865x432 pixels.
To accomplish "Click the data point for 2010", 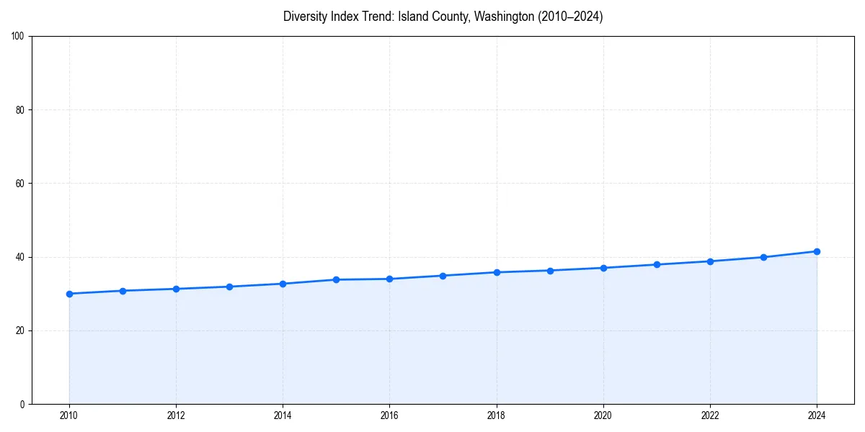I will coord(69,294).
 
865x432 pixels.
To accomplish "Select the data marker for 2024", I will coord(817,251).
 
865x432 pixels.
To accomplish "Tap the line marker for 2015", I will coord(336,279).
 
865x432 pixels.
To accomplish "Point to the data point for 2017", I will coord(443,276).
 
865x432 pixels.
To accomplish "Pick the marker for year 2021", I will coord(657,264).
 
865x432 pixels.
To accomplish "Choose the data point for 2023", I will coord(763,257).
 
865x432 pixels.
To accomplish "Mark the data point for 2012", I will coord(176,289).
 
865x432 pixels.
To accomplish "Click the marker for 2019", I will coord(550,271).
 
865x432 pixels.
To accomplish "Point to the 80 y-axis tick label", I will coord(20,110).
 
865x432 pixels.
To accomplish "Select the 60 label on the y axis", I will coord(20,184).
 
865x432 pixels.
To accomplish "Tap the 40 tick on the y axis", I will coord(20,257).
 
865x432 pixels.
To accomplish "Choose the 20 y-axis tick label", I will coord(20,330).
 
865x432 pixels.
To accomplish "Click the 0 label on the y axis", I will coord(22,404).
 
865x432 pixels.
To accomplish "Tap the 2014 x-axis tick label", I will coord(283,415).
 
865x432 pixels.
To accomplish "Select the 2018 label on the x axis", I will coord(496,415).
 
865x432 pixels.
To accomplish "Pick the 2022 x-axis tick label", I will coord(710,415).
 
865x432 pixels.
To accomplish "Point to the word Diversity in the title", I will coord(306,17).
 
